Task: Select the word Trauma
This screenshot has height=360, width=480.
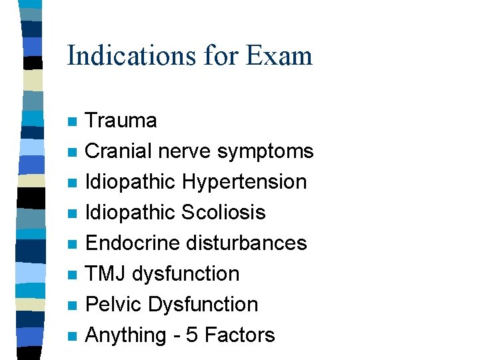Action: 121,121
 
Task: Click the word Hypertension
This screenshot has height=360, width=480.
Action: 244,182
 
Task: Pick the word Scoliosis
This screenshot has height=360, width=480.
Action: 223,213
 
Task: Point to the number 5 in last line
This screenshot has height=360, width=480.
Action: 192,335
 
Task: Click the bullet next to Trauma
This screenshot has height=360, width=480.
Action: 72,122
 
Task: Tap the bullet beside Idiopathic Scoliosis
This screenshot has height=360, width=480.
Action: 72,214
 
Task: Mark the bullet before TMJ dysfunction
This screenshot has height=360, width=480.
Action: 72,275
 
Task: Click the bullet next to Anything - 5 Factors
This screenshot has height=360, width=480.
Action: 72,337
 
